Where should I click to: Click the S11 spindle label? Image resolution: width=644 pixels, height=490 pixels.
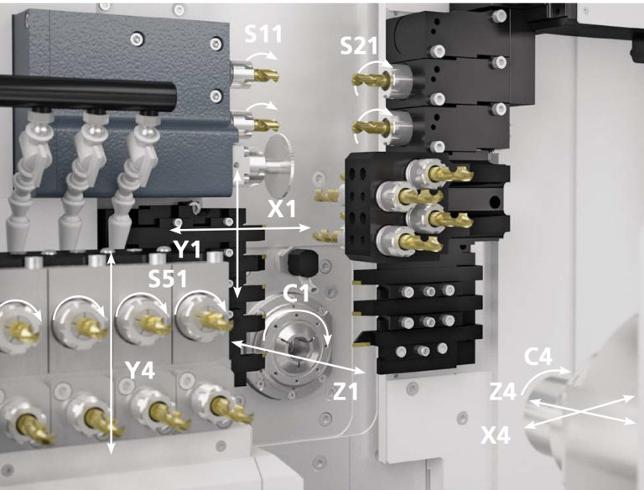click(263, 34)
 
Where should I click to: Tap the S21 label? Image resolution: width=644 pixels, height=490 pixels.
click(359, 46)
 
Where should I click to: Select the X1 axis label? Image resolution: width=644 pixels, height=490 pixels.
click(282, 209)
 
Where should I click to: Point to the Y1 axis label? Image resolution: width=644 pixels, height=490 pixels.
click(187, 249)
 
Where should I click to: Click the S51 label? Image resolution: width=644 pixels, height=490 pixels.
click(168, 279)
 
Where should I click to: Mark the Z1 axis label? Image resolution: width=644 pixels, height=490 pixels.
click(345, 391)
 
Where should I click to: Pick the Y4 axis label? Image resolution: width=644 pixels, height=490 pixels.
click(140, 370)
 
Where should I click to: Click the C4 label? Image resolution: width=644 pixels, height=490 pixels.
click(538, 357)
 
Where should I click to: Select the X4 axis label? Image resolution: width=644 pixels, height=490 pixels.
click(496, 435)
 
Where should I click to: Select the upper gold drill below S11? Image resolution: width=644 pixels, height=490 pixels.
click(266, 76)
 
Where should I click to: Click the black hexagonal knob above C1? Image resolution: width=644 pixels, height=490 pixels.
click(303, 263)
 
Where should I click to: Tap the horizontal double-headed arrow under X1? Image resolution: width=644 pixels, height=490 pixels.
click(240, 227)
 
